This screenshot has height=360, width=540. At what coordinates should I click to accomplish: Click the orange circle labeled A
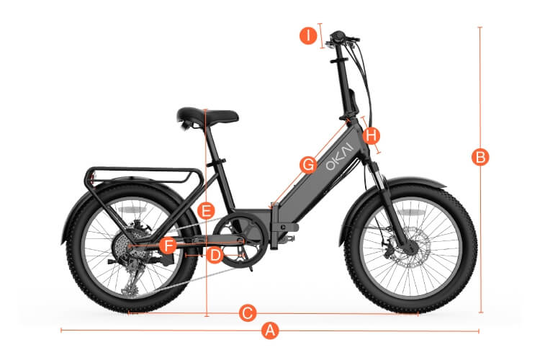tap(270, 330)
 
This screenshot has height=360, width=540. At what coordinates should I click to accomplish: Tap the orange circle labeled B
tap(480, 157)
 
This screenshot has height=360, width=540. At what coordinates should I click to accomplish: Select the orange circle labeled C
tap(248, 313)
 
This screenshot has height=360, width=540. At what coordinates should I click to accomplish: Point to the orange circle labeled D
tap(215, 256)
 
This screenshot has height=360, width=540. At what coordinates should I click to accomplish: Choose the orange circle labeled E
tap(206, 211)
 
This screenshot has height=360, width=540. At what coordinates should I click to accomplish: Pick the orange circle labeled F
tap(168, 246)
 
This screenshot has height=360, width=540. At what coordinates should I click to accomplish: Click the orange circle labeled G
tap(308, 165)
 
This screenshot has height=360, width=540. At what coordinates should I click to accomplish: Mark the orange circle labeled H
tap(372, 135)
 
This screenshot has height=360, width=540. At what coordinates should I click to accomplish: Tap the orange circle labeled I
tap(308, 36)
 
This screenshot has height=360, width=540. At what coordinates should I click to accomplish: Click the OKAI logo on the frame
tap(340, 157)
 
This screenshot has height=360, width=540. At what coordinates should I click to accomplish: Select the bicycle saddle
tap(207, 116)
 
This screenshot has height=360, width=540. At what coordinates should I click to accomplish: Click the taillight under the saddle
tap(185, 126)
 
